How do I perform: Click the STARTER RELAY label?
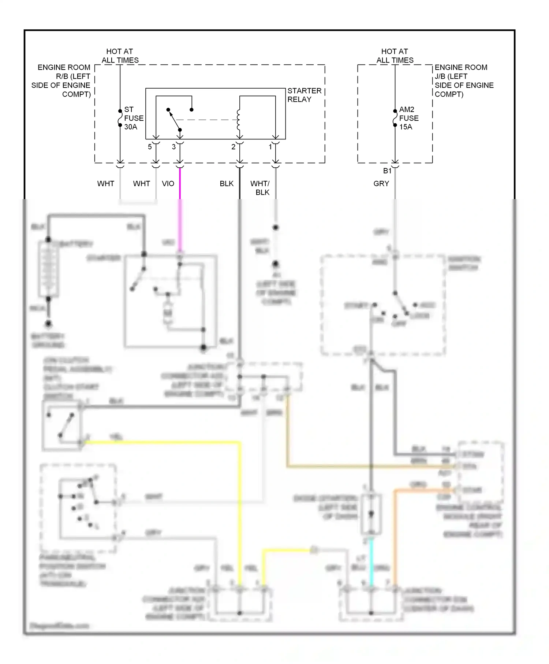(x=304, y=95)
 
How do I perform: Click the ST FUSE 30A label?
(x=133, y=118)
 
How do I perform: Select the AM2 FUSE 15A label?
(x=408, y=118)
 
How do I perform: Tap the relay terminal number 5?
(x=150, y=147)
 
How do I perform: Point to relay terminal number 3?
(x=174, y=147)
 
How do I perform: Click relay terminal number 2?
(x=233, y=147)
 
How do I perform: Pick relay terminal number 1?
(x=270, y=147)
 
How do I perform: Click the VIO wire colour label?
(x=168, y=184)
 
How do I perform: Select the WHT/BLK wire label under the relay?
(x=260, y=188)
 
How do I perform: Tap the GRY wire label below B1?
(x=381, y=184)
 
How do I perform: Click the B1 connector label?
(x=387, y=171)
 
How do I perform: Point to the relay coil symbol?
(x=239, y=120)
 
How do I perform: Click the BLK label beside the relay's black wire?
(x=227, y=184)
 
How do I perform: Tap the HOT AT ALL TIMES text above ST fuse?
(x=120, y=56)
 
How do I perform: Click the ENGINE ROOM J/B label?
(x=463, y=81)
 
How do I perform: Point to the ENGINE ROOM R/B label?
(x=61, y=81)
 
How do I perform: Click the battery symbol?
(x=48, y=269)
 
